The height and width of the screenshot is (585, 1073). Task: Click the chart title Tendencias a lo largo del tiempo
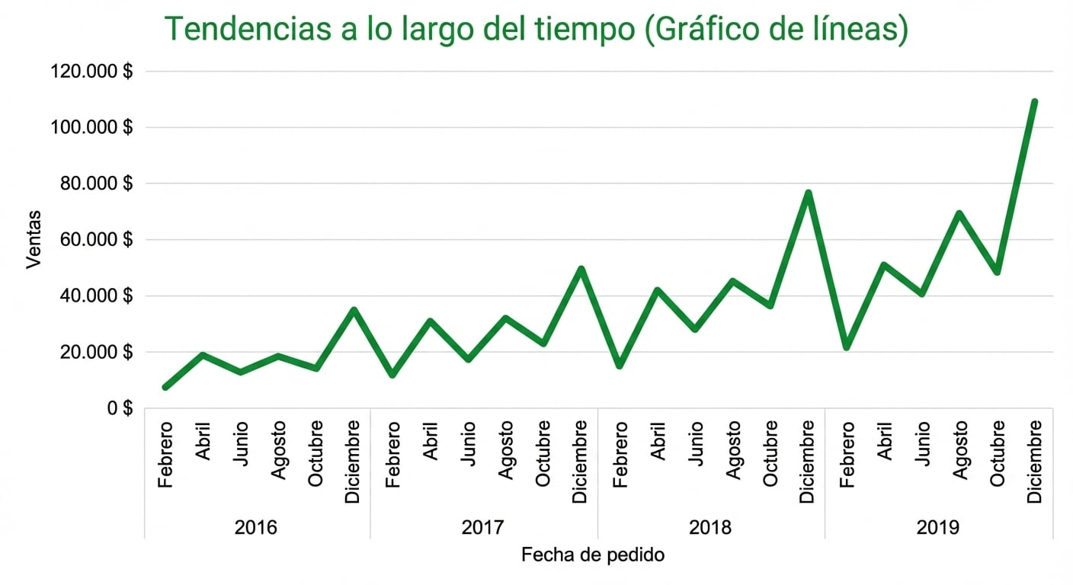(x=536, y=28)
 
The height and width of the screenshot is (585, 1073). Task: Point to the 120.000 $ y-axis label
(x=91, y=72)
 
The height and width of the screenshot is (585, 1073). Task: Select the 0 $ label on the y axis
(x=118, y=408)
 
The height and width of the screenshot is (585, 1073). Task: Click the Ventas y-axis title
(x=34, y=239)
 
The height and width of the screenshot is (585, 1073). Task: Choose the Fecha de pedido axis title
(x=593, y=555)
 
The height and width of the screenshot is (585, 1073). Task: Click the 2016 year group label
(x=256, y=527)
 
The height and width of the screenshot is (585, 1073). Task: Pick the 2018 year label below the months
(x=710, y=527)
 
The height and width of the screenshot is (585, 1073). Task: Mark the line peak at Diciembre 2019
(x=1034, y=101)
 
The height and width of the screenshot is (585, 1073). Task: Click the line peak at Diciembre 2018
(x=809, y=193)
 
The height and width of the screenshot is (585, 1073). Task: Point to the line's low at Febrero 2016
(x=166, y=387)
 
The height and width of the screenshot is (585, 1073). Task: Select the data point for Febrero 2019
(x=846, y=347)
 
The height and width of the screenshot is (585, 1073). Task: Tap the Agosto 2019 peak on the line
(x=959, y=213)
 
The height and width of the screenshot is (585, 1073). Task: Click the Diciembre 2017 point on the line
(x=581, y=269)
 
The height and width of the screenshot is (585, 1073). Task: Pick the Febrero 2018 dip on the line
(x=620, y=366)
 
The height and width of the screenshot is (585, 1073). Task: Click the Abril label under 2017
(x=431, y=441)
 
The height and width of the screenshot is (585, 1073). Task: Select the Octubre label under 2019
(x=998, y=454)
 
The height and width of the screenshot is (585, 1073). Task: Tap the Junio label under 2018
(x=695, y=443)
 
